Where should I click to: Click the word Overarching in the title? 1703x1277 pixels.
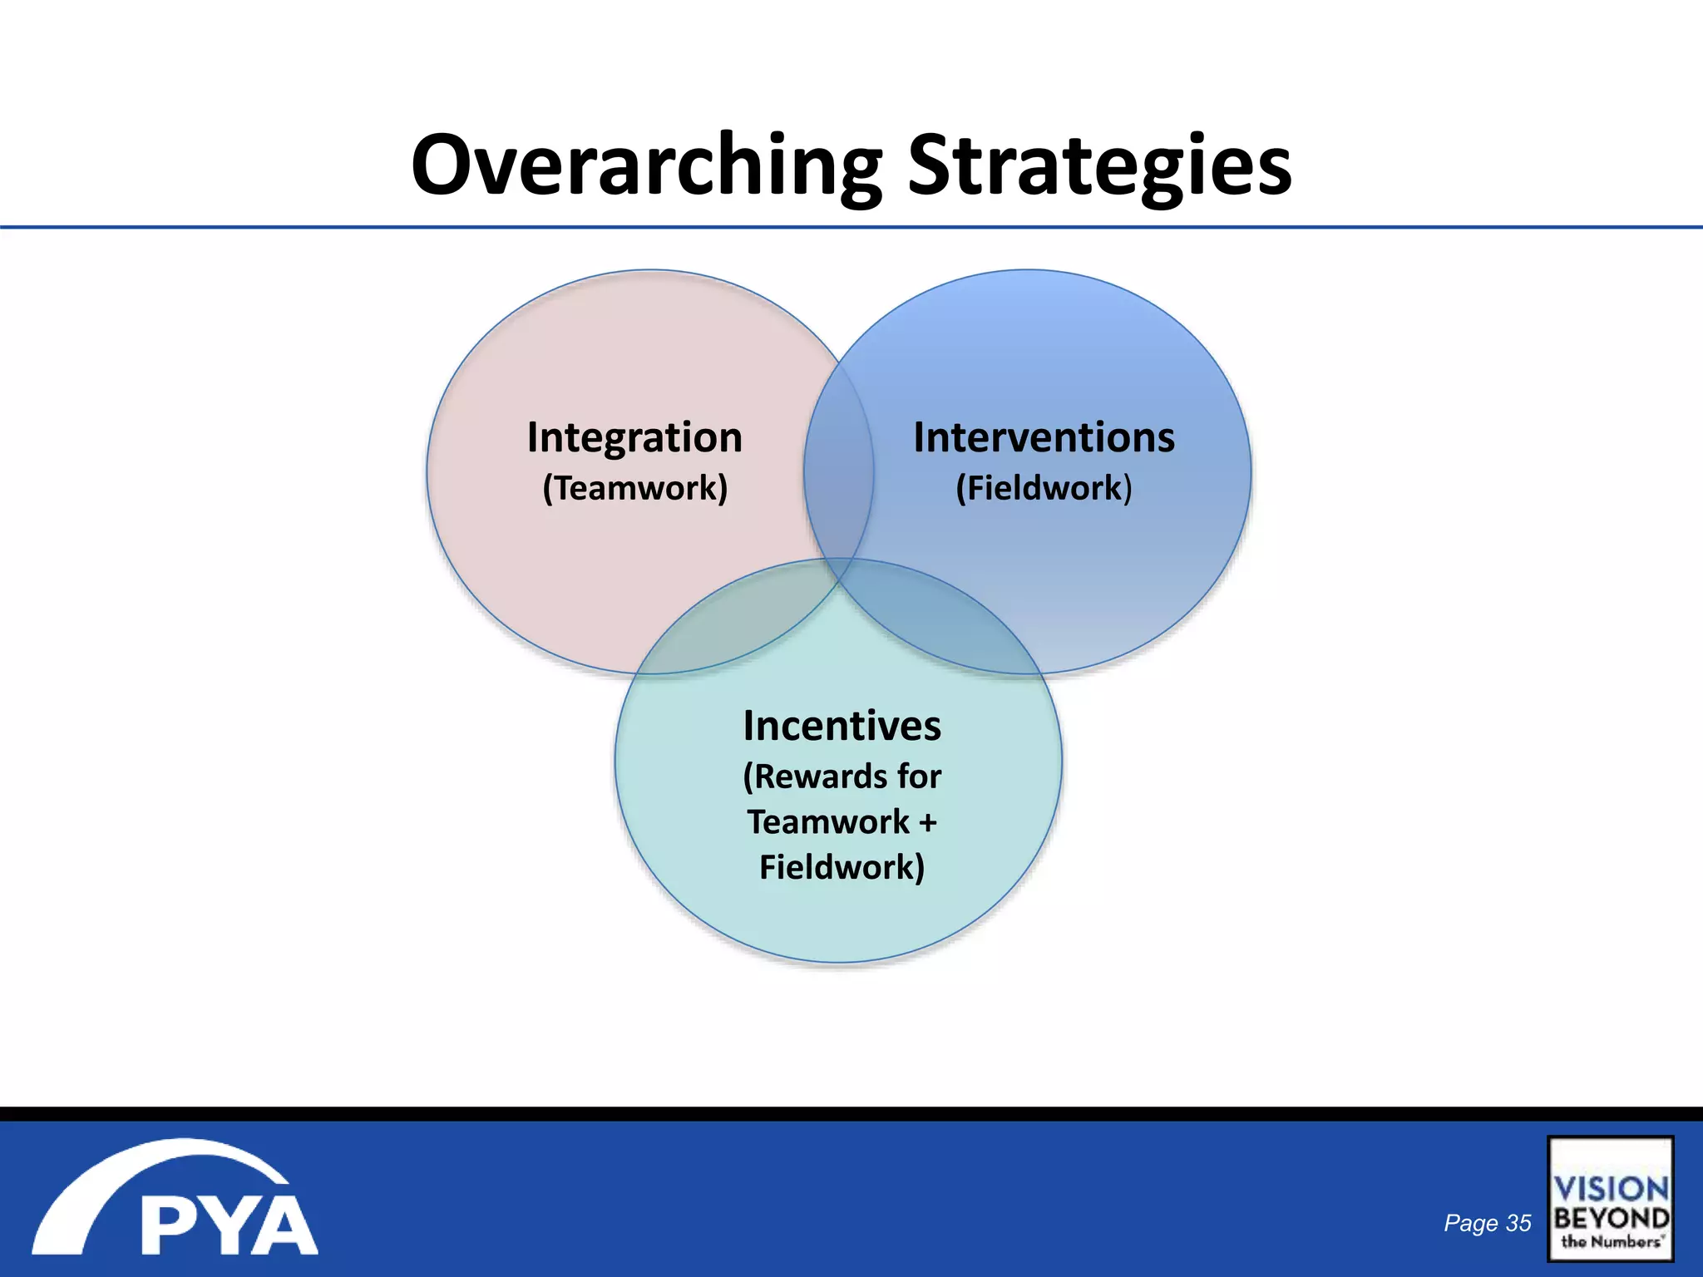pyautogui.click(x=645, y=166)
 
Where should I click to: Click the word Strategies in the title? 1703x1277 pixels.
pyautogui.click(x=1099, y=166)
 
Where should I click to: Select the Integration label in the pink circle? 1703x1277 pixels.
pyautogui.click(x=634, y=438)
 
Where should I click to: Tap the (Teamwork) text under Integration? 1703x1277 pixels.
pyautogui.click(x=635, y=488)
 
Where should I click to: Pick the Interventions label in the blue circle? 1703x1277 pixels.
pyautogui.click(x=1044, y=438)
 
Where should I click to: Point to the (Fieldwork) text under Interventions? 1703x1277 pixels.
pyautogui.click(x=1044, y=488)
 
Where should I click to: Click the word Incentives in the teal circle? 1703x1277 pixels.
pyautogui.click(x=842, y=726)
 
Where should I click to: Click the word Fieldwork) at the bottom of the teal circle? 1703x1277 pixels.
pyautogui.click(x=842, y=868)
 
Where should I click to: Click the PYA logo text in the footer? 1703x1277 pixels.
pyautogui.click(x=229, y=1225)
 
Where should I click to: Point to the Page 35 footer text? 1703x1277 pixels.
pyautogui.click(x=1487, y=1223)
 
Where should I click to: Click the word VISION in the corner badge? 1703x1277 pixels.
pyautogui.click(x=1611, y=1188)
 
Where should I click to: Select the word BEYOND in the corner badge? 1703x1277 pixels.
pyautogui.click(x=1611, y=1219)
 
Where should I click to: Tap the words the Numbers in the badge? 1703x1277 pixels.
pyautogui.click(x=1611, y=1242)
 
